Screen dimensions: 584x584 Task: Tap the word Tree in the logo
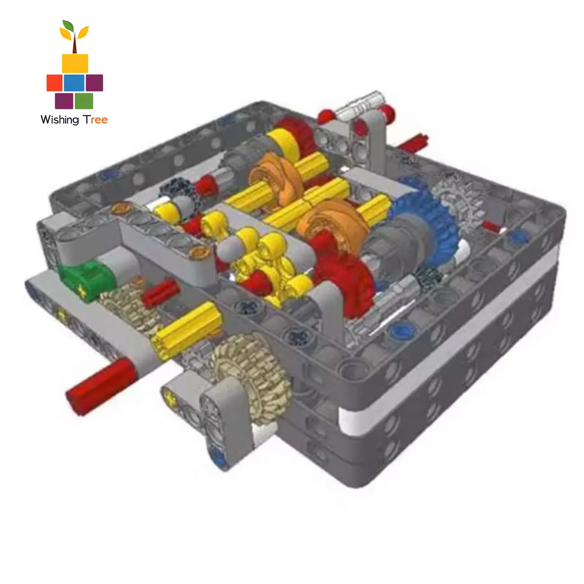coord(95,120)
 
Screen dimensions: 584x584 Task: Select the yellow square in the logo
coord(75,64)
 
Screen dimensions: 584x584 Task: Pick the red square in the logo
coord(54,82)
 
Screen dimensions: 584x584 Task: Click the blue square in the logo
coord(74,82)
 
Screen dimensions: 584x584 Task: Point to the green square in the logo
coord(84,101)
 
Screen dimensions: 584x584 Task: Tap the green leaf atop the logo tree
coord(67,26)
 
